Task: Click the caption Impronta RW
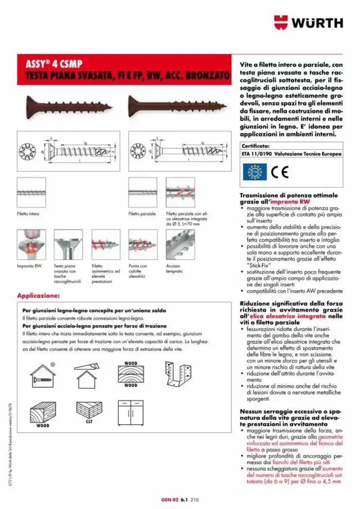28,266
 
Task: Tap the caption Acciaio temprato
174,268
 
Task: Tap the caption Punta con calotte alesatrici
138,271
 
